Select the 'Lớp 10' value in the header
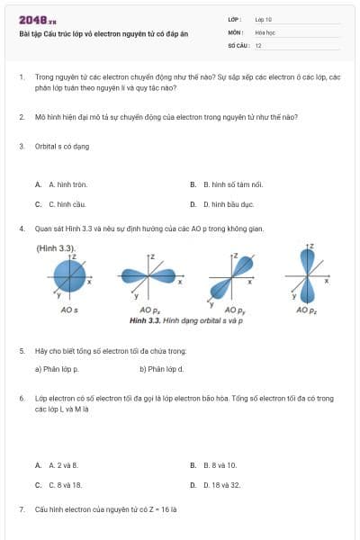tap(264, 19)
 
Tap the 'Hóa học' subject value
tap(265, 31)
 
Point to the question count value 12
tap(258, 44)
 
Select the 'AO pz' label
tap(307, 310)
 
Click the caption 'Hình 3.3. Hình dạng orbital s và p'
tap(186, 319)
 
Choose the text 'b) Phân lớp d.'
tap(162, 368)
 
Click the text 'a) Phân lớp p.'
tap(57, 368)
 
